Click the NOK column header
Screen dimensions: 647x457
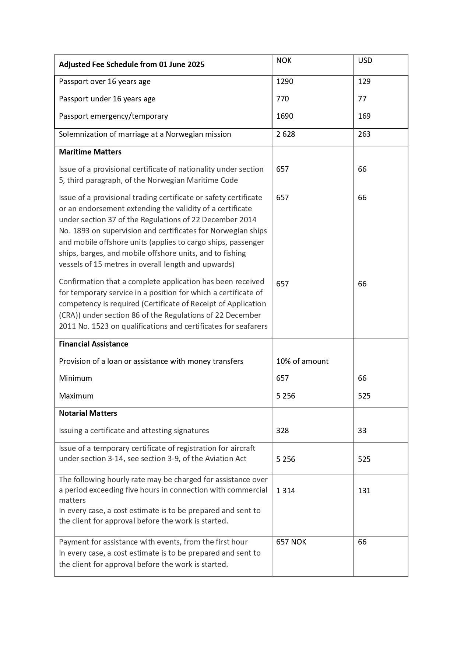284,60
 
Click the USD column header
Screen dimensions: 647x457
365,60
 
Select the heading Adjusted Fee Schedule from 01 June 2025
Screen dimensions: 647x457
131,65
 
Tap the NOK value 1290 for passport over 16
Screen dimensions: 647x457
285,81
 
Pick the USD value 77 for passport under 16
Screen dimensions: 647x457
362,99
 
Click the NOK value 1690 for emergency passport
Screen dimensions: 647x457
285,116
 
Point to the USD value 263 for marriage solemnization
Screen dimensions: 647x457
364,134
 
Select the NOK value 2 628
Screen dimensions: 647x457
285,134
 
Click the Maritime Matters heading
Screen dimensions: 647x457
90,152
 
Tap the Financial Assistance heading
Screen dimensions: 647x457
94,344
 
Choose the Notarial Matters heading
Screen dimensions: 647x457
88,413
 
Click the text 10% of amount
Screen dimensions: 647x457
302,361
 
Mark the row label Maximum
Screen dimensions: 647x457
76,396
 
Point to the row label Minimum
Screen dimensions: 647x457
75,378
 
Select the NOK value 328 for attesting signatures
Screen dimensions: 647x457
282,431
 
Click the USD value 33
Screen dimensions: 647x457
362,431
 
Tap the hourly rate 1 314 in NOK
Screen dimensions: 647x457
285,491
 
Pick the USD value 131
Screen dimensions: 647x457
364,491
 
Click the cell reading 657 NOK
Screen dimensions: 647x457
291,542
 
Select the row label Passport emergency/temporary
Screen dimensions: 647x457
113,116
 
